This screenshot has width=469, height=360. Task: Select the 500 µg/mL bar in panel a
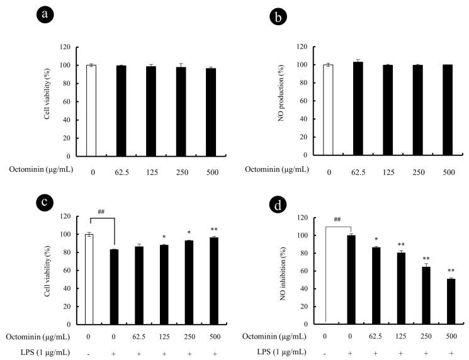click(x=211, y=112)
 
